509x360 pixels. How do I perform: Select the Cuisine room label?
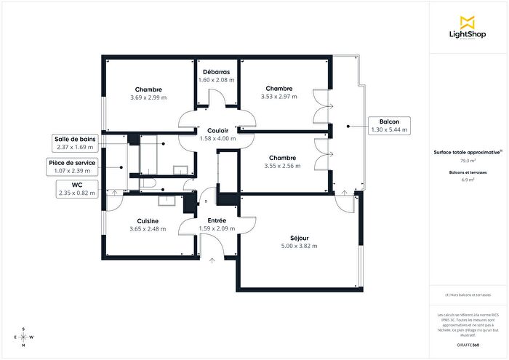pos(148,220)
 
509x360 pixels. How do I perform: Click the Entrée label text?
pos(217,220)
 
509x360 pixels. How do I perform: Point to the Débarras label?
pos(217,72)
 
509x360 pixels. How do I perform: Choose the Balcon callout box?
pos(389,125)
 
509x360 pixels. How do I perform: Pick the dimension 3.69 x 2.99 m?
pos(148,97)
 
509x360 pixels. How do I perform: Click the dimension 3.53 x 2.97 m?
pos(279,97)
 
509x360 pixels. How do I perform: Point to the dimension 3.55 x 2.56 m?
pos(281,166)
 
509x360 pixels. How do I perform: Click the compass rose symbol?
pos(23,337)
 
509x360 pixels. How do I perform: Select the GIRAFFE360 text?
pos(468,342)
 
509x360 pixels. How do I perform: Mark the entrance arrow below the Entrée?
pos(212,259)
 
